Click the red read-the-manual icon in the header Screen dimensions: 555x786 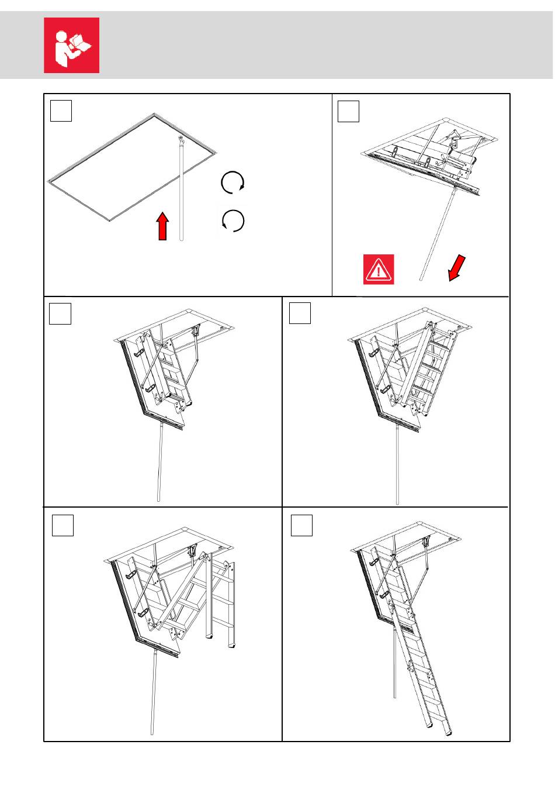click(71, 45)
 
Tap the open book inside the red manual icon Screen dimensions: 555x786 click(81, 43)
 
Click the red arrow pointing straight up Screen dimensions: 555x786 click(163, 226)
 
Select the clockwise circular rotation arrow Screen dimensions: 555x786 click(233, 183)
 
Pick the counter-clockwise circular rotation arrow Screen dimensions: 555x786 click(233, 221)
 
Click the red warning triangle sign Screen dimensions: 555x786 click(379, 270)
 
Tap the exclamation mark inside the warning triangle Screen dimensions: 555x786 click(379, 271)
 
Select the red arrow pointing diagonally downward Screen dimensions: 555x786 click(456, 268)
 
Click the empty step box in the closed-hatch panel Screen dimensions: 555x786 click(61, 111)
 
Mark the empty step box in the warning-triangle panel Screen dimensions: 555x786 click(349, 111)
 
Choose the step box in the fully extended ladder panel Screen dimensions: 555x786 click(301, 525)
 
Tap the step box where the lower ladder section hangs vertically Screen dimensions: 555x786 click(63, 525)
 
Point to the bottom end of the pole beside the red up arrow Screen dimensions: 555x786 click(182, 238)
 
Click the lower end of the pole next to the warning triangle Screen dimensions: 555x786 click(421, 279)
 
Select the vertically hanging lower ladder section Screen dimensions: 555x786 click(220, 602)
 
